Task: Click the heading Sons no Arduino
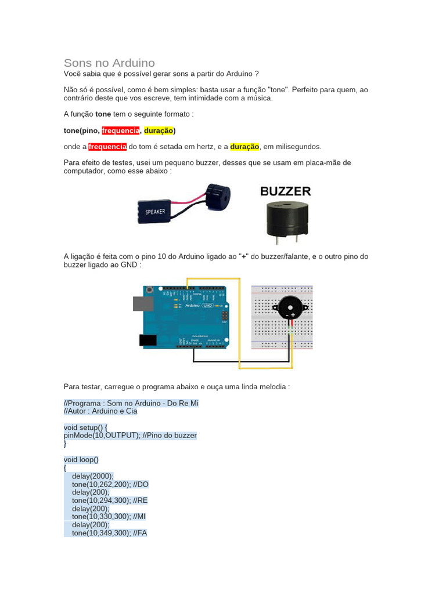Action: point(109,63)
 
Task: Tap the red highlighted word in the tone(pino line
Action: point(121,131)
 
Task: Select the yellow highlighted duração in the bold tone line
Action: point(158,131)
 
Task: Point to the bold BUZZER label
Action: point(285,191)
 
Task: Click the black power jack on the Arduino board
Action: point(149,341)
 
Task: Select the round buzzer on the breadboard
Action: point(290,308)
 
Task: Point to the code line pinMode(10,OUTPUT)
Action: point(102,435)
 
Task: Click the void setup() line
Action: point(85,427)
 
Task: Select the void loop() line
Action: point(81,459)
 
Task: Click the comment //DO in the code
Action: point(141,484)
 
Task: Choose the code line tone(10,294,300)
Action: point(101,500)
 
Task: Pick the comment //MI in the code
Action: point(139,516)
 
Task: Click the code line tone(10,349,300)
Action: point(101,533)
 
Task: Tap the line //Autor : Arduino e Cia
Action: point(100,411)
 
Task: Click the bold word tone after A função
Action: point(103,114)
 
